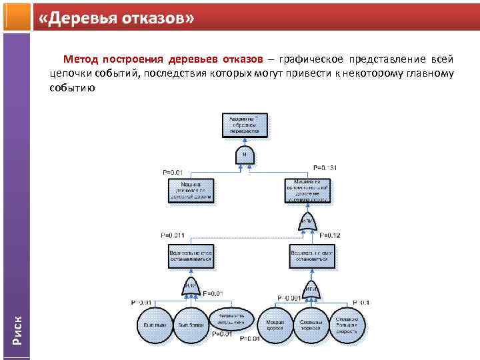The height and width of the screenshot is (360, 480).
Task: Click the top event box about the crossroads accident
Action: (x=246, y=125)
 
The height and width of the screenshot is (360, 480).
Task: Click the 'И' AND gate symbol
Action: (x=245, y=155)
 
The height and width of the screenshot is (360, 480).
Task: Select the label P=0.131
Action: (x=325, y=167)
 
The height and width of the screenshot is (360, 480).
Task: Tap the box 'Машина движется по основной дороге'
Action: (x=191, y=190)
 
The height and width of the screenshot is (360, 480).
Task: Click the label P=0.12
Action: (x=330, y=235)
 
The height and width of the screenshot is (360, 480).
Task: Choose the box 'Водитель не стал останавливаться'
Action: (x=191, y=257)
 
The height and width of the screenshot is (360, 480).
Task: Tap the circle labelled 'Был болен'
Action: (x=192, y=323)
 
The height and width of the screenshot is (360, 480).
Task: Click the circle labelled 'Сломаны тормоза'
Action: (x=311, y=323)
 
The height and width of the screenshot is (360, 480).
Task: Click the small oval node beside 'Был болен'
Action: (x=231, y=319)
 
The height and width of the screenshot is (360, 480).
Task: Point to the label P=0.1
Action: (x=362, y=302)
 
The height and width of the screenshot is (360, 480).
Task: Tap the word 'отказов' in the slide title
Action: (x=153, y=19)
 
